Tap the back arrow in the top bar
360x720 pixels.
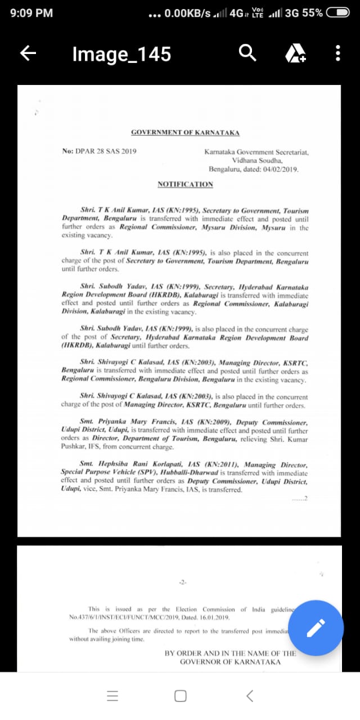tap(28, 53)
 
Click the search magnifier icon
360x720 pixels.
tap(247, 53)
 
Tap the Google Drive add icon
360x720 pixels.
tap(295, 53)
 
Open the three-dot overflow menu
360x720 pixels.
tap(337, 53)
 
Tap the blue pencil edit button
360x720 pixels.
tap(316, 628)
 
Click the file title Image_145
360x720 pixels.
tap(121, 54)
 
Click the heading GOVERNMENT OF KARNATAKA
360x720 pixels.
tap(185, 133)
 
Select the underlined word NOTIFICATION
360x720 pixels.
tap(185, 184)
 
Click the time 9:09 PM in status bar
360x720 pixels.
tap(31, 12)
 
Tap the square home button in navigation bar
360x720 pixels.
tap(181, 696)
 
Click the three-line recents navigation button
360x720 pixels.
tap(113, 696)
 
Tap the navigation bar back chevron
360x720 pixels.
tap(250, 696)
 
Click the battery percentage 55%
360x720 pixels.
tap(312, 12)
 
